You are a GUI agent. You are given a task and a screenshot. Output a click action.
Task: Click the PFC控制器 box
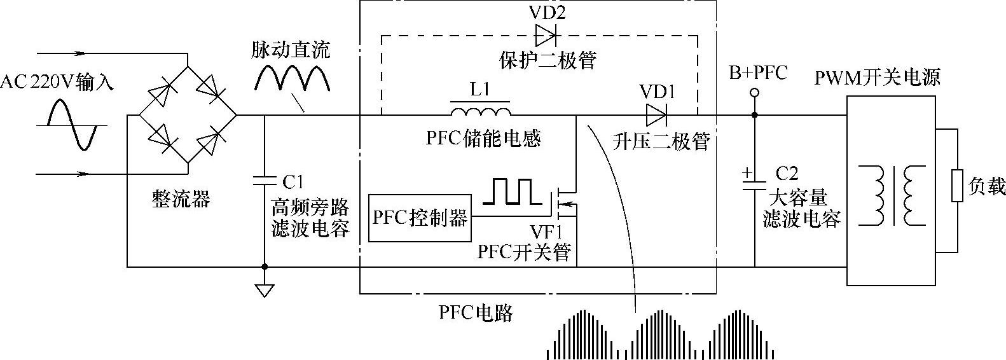(x=419, y=218)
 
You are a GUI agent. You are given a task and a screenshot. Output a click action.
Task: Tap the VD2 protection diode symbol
(x=546, y=35)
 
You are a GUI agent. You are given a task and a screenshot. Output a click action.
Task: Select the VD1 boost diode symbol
(x=656, y=116)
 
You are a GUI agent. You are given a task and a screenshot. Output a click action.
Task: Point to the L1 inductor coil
(x=481, y=112)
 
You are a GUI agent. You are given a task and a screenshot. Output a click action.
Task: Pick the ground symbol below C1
(x=264, y=289)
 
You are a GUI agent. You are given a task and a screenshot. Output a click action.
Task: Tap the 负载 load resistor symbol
(x=956, y=186)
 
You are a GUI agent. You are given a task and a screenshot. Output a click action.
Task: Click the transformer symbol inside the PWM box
(x=892, y=196)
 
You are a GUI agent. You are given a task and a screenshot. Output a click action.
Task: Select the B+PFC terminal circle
(x=754, y=93)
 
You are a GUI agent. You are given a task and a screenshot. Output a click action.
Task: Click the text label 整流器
(x=181, y=199)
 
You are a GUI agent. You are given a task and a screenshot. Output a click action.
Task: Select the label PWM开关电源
(x=877, y=78)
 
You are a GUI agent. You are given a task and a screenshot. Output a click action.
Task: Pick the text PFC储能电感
(x=483, y=138)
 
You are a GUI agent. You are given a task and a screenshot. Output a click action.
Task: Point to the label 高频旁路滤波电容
(x=310, y=218)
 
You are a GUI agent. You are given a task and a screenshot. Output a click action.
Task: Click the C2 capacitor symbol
(x=755, y=184)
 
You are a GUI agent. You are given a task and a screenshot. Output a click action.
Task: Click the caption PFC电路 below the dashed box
(x=475, y=312)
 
